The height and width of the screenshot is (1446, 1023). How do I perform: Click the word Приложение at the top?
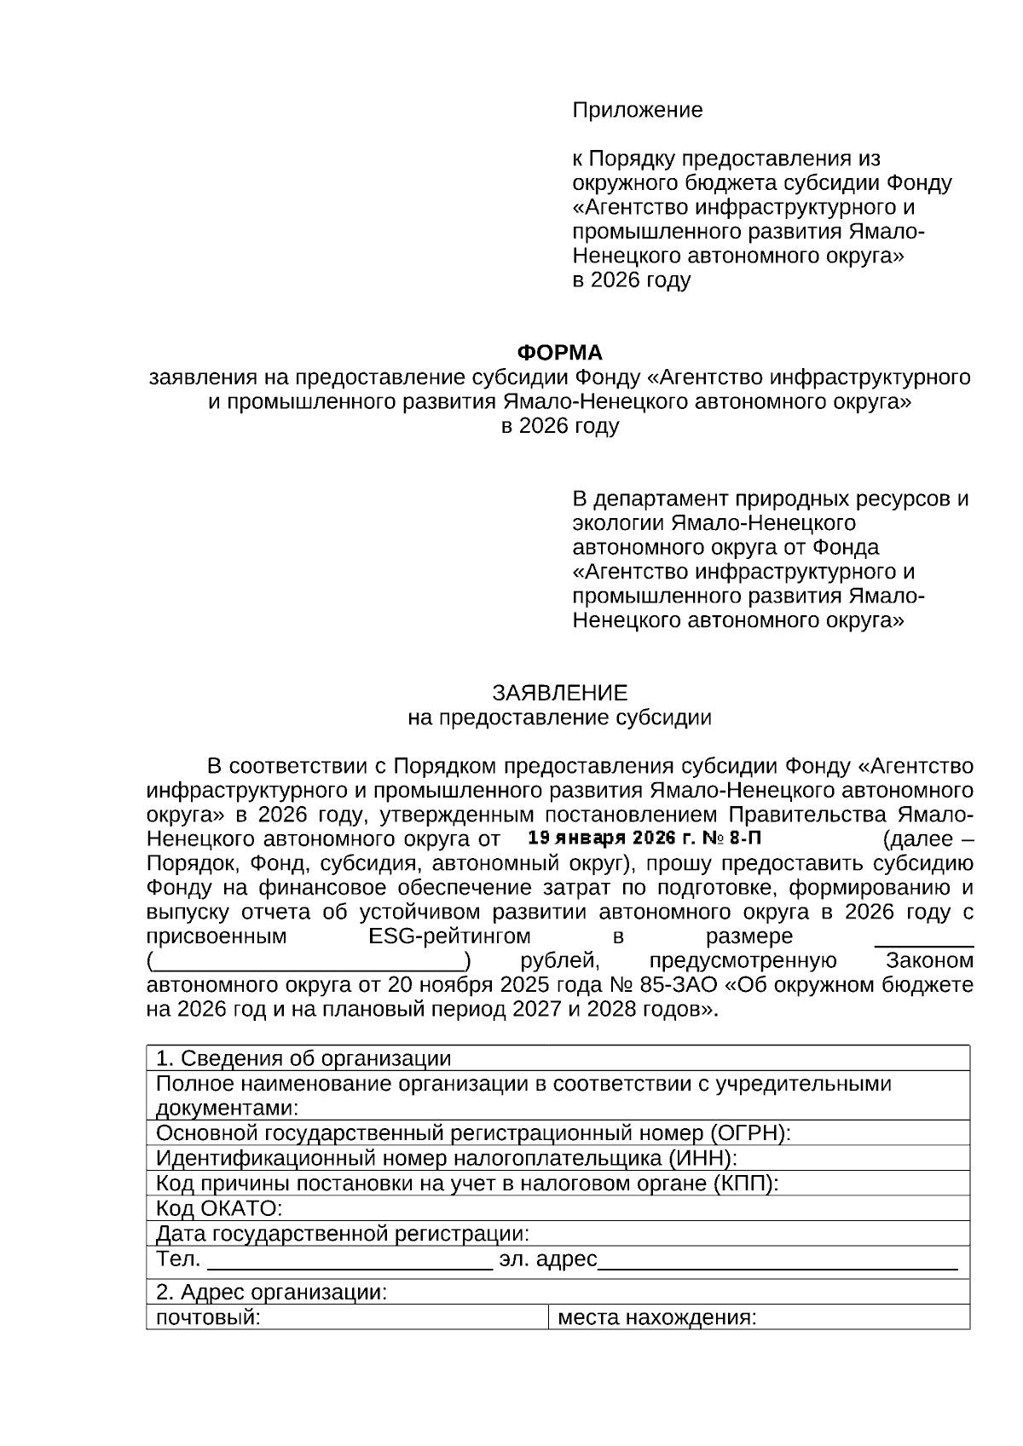637,110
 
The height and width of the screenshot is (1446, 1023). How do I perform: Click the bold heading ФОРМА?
560,352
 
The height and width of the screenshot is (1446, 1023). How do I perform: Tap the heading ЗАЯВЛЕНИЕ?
559,692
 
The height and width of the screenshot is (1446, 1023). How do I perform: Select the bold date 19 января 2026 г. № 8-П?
644,838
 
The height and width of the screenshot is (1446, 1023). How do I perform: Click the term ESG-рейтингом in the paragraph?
449,936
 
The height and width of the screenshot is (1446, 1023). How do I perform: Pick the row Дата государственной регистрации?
342,1233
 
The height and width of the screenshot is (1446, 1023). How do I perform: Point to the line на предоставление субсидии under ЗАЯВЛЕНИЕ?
559,717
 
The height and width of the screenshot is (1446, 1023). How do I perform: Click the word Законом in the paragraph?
929,961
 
